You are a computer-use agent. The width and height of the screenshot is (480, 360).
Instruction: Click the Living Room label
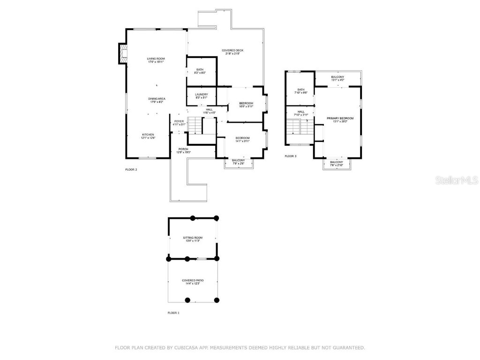(156, 60)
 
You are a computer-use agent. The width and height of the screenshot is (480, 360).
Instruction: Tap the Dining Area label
(157, 100)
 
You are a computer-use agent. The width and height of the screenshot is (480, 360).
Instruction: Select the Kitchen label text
(148, 136)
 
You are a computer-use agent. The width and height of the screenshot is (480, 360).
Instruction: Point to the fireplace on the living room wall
(122, 53)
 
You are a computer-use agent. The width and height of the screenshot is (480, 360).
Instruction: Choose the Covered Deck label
(232, 52)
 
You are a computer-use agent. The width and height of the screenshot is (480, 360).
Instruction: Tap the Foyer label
(179, 123)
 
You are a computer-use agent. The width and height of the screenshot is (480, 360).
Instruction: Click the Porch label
(183, 150)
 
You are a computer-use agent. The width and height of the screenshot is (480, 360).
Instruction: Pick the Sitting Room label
(192, 239)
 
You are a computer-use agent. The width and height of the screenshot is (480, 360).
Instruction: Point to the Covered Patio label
(193, 282)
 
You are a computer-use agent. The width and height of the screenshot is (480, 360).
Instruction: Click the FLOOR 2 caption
(131, 169)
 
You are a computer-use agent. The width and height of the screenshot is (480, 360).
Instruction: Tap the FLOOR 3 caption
(291, 156)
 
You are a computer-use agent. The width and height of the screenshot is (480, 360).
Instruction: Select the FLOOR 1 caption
(173, 313)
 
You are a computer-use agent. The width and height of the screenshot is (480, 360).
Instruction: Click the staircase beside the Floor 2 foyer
(195, 125)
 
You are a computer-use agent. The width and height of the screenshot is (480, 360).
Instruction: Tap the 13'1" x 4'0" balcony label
(337, 78)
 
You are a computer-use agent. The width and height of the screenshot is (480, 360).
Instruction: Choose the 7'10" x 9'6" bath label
(300, 91)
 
